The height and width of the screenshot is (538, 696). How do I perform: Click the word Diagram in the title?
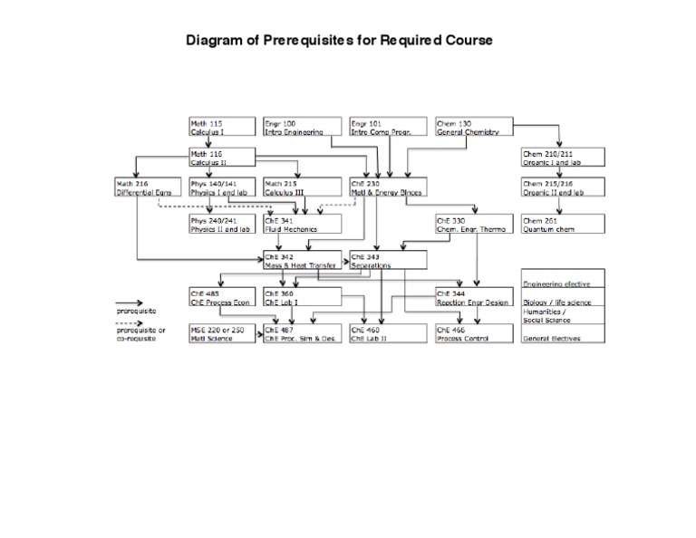click(214, 42)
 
